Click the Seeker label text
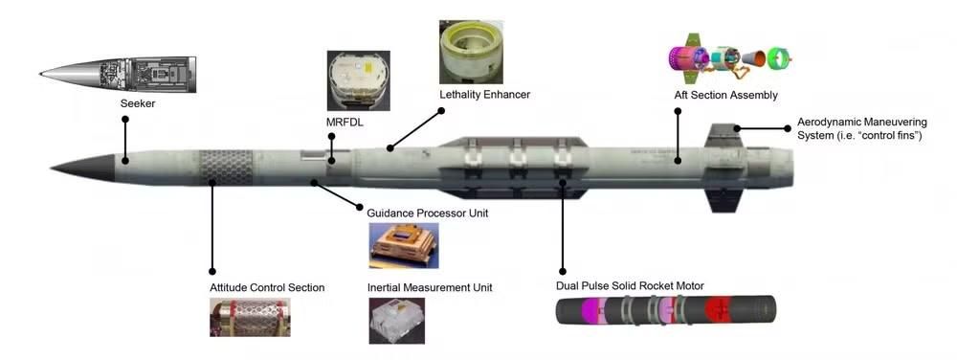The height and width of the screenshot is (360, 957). click(x=137, y=103)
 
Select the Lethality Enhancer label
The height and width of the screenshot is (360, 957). click(x=484, y=95)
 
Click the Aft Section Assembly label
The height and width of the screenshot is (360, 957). click(x=725, y=95)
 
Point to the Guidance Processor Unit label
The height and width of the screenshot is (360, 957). click(x=427, y=214)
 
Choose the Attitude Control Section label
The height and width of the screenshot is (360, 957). click(x=267, y=287)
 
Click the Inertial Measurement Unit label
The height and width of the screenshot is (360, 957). click(x=430, y=287)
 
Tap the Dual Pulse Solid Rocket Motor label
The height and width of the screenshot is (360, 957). click(x=630, y=286)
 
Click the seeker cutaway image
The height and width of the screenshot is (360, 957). click(x=118, y=75)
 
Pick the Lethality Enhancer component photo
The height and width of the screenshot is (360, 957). click(x=471, y=53)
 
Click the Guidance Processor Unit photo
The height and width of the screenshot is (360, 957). click(x=404, y=245)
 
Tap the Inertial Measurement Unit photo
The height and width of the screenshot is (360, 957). click(x=397, y=321)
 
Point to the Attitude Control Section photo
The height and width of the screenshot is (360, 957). click(x=250, y=317)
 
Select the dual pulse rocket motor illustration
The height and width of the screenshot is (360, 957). click(x=666, y=309)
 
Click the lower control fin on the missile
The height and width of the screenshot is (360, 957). click(x=723, y=200)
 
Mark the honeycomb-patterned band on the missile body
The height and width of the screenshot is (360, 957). click(x=227, y=168)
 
